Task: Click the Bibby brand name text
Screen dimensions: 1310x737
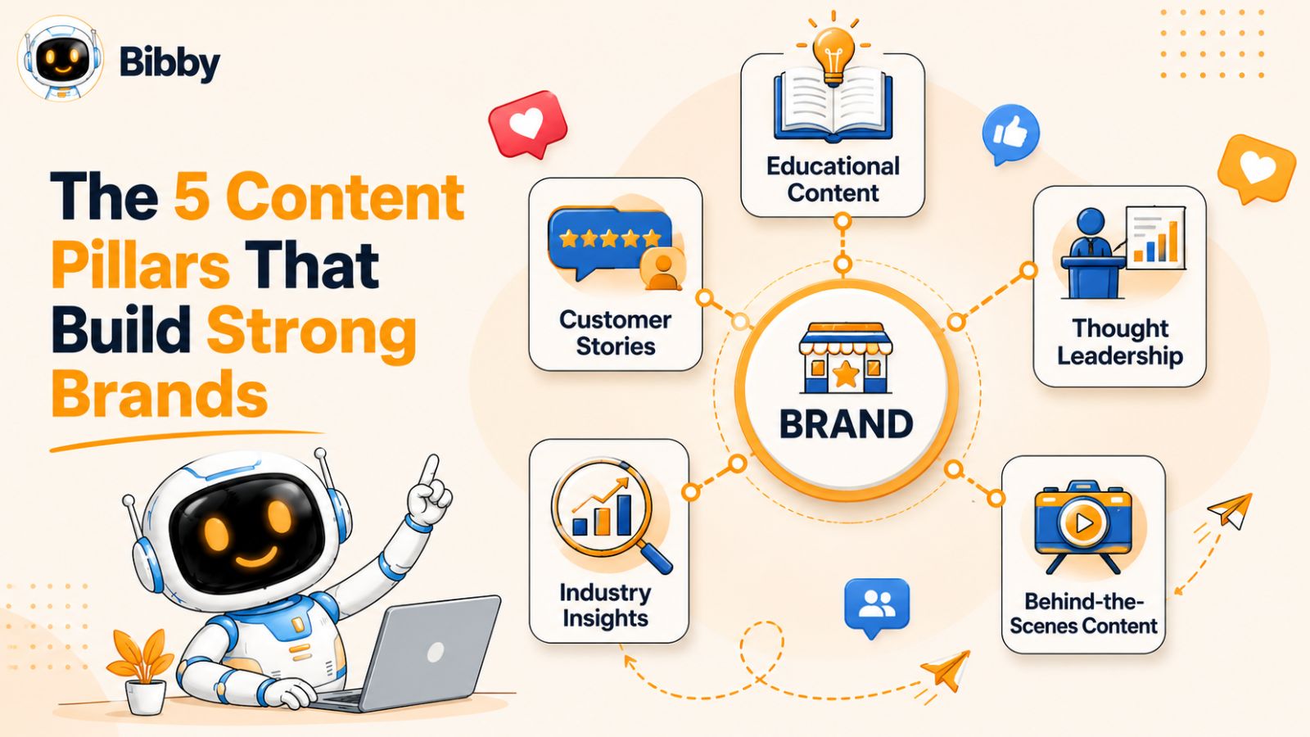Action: click(169, 62)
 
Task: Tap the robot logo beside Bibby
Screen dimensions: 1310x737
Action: click(61, 58)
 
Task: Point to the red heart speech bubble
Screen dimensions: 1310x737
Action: click(527, 124)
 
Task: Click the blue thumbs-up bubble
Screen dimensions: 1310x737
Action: click(1010, 134)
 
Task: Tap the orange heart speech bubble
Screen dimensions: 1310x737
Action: click(1256, 167)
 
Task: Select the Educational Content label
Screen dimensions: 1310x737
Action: click(833, 179)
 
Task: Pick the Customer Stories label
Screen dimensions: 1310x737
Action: click(615, 332)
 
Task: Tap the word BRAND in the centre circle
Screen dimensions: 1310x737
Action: click(846, 424)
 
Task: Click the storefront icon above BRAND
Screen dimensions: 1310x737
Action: click(845, 358)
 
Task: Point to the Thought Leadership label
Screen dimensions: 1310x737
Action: click(1120, 341)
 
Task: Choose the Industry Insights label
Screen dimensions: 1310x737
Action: click(605, 605)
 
